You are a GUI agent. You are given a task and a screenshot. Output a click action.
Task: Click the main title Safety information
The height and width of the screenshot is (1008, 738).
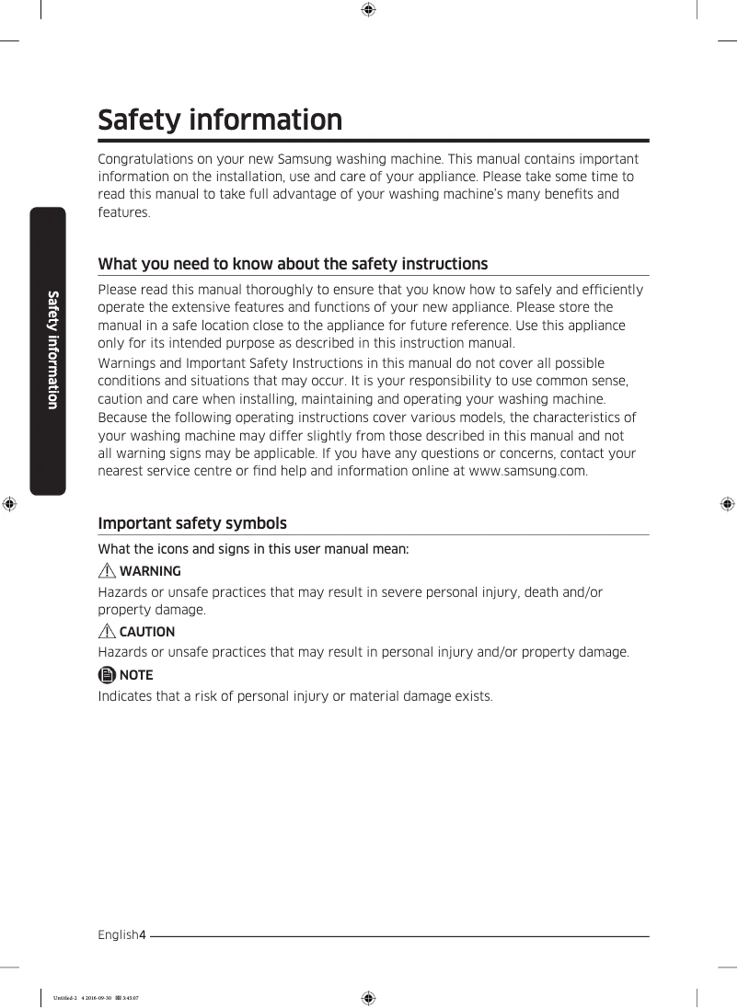tap(220, 120)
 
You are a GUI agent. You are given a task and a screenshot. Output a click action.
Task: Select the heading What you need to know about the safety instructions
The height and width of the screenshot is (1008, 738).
tap(293, 264)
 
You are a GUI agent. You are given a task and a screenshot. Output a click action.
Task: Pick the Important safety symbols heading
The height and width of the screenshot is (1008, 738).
tap(192, 523)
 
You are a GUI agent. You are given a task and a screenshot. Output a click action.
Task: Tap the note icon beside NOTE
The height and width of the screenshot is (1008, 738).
tap(107, 675)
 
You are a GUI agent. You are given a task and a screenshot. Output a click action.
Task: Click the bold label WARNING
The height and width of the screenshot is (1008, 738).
tap(150, 571)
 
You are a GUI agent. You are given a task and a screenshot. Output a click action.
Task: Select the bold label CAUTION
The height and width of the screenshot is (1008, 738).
tap(147, 632)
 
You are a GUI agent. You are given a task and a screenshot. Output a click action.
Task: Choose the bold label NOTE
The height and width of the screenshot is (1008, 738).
tap(136, 675)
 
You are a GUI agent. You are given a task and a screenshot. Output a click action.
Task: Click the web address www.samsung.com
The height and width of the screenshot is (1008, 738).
tap(526, 471)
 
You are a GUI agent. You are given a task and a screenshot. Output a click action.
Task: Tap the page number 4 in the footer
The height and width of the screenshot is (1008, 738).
tap(143, 935)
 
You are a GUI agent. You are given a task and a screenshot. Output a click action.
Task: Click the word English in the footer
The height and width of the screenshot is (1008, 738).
tap(118, 935)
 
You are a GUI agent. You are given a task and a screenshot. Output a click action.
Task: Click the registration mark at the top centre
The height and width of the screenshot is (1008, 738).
tap(367, 10)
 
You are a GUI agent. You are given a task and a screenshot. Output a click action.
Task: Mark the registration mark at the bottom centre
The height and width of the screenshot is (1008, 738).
tap(367, 997)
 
